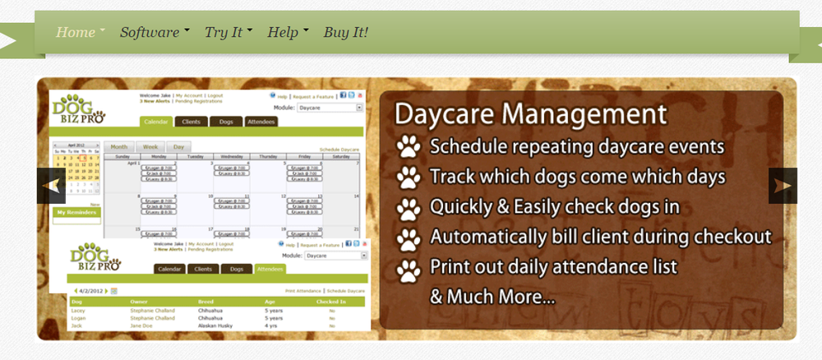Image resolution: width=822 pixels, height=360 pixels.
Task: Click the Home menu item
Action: click(x=76, y=33)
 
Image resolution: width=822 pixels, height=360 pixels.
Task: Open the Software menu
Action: click(x=150, y=33)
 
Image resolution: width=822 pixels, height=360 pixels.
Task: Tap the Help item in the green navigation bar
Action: click(x=283, y=33)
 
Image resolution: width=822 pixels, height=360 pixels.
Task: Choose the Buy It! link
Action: click(x=345, y=33)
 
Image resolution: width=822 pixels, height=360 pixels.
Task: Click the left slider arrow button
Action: click(x=51, y=186)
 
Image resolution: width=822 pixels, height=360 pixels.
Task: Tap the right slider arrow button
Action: click(x=783, y=186)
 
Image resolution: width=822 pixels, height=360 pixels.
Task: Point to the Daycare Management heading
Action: click(x=530, y=113)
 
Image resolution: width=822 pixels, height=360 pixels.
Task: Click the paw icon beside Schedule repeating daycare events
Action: click(x=409, y=147)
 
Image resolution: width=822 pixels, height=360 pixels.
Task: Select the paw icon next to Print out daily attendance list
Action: click(x=409, y=269)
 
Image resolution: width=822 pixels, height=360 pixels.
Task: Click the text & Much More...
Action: click(x=492, y=296)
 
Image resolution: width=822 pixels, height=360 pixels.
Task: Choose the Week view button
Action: click(x=150, y=146)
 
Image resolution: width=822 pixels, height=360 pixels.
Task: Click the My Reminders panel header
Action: click(x=76, y=212)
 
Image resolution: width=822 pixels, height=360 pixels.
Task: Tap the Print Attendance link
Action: click(x=302, y=291)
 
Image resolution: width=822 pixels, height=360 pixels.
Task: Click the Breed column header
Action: click(x=205, y=302)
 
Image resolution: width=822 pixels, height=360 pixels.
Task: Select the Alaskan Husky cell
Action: click(x=217, y=326)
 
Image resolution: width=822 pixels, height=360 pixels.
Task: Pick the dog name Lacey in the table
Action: click(x=79, y=312)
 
